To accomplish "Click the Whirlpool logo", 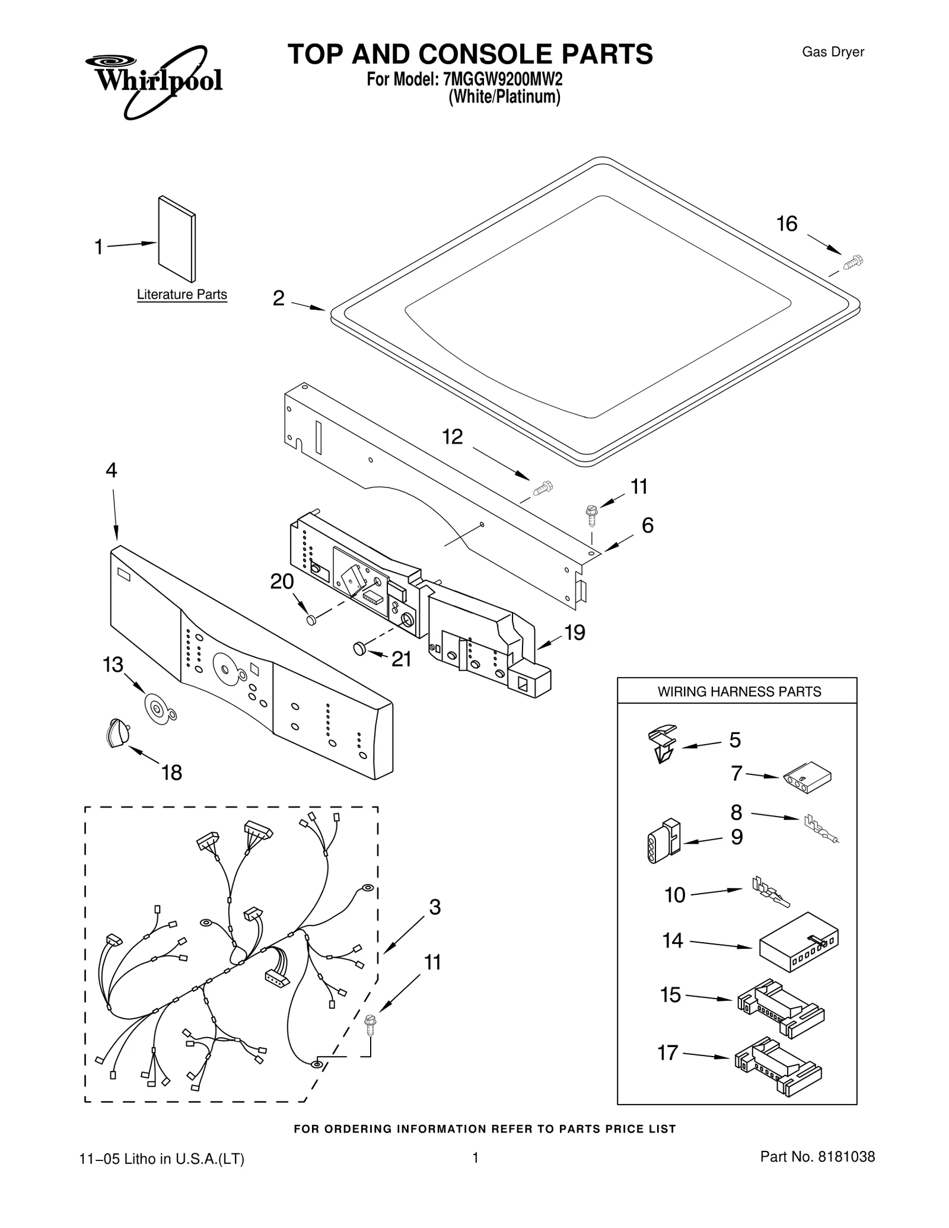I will coord(153,79).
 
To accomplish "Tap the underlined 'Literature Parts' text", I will coord(181,295).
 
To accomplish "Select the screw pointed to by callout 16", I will coord(853,261).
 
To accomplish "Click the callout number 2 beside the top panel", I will coord(278,298).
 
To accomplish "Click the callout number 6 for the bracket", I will coord(648,525).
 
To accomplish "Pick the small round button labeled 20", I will coord(311,620).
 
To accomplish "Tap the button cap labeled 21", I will coord(359,649).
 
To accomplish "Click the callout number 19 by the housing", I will coord(574,633).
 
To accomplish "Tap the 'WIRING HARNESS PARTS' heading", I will coord(738,691).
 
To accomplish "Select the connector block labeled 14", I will coord(798,942).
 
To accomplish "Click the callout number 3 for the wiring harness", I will coord(435,907).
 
